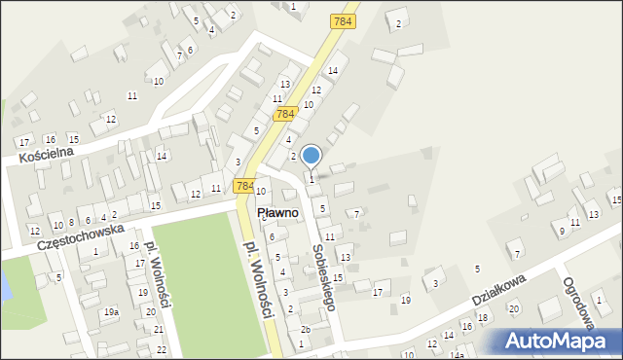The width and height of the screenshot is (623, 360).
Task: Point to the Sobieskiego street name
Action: pos(325,276)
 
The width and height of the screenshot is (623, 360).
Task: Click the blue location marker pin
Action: pos(311,156)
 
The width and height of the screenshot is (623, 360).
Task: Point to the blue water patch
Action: pos(5,284)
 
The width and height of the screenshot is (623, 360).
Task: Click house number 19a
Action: pos(112,312)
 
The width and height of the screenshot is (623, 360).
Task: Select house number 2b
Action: pos(305,329)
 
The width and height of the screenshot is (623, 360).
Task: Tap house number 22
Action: pos(162,349)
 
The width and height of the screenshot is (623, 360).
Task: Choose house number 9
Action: pos(561,231)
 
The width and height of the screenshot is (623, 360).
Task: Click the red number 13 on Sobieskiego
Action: pos(345,257)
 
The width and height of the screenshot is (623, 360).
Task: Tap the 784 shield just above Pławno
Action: pos(244,186)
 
